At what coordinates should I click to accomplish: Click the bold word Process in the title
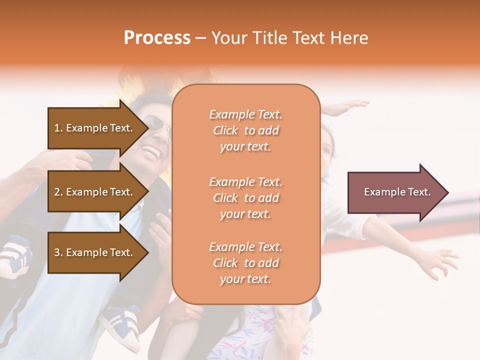[157, 38]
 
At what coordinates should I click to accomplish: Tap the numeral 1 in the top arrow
[57, 128]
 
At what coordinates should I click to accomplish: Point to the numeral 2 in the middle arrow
[57, 192]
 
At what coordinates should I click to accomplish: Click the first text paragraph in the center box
[245, 130]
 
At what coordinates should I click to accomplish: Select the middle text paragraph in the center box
[245, 198]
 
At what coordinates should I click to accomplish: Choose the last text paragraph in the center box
[245, 263]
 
